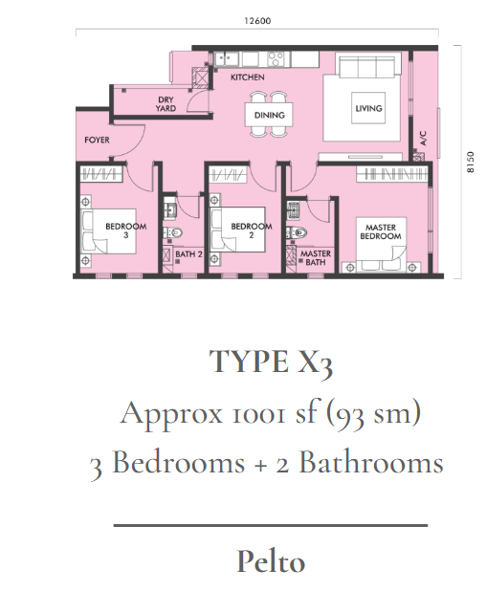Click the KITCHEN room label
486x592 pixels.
248,77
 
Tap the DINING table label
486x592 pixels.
269,115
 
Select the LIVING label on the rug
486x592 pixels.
368,108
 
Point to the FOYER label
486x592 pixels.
97,140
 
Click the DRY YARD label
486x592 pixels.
166,104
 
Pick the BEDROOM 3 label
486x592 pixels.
126,230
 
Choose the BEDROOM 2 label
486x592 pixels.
252,230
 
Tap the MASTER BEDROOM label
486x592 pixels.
381,231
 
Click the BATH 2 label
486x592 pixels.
188,254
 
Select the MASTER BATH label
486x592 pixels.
316,258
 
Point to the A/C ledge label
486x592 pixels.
423,138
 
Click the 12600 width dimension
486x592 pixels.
257,21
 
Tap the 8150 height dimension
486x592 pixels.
470,163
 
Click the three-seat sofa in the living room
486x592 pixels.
369,65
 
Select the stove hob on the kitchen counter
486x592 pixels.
276,59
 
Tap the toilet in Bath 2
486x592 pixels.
173,232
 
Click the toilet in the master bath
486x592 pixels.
297,232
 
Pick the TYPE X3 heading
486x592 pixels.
271,362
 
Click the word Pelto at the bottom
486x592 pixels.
271,561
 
